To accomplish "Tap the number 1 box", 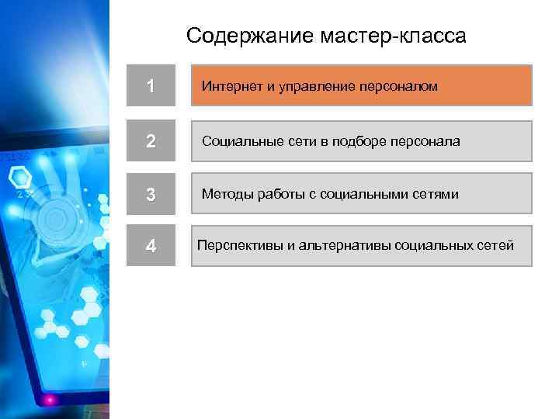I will tap(151, 86).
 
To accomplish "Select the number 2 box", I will tap(151, 142).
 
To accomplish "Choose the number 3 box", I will tap(151, 194).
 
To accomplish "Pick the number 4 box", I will tap(151, 246).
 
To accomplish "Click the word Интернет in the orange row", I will tap(232, 86).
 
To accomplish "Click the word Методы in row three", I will tap(226, 194).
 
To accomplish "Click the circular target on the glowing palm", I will tap(54, 219).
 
